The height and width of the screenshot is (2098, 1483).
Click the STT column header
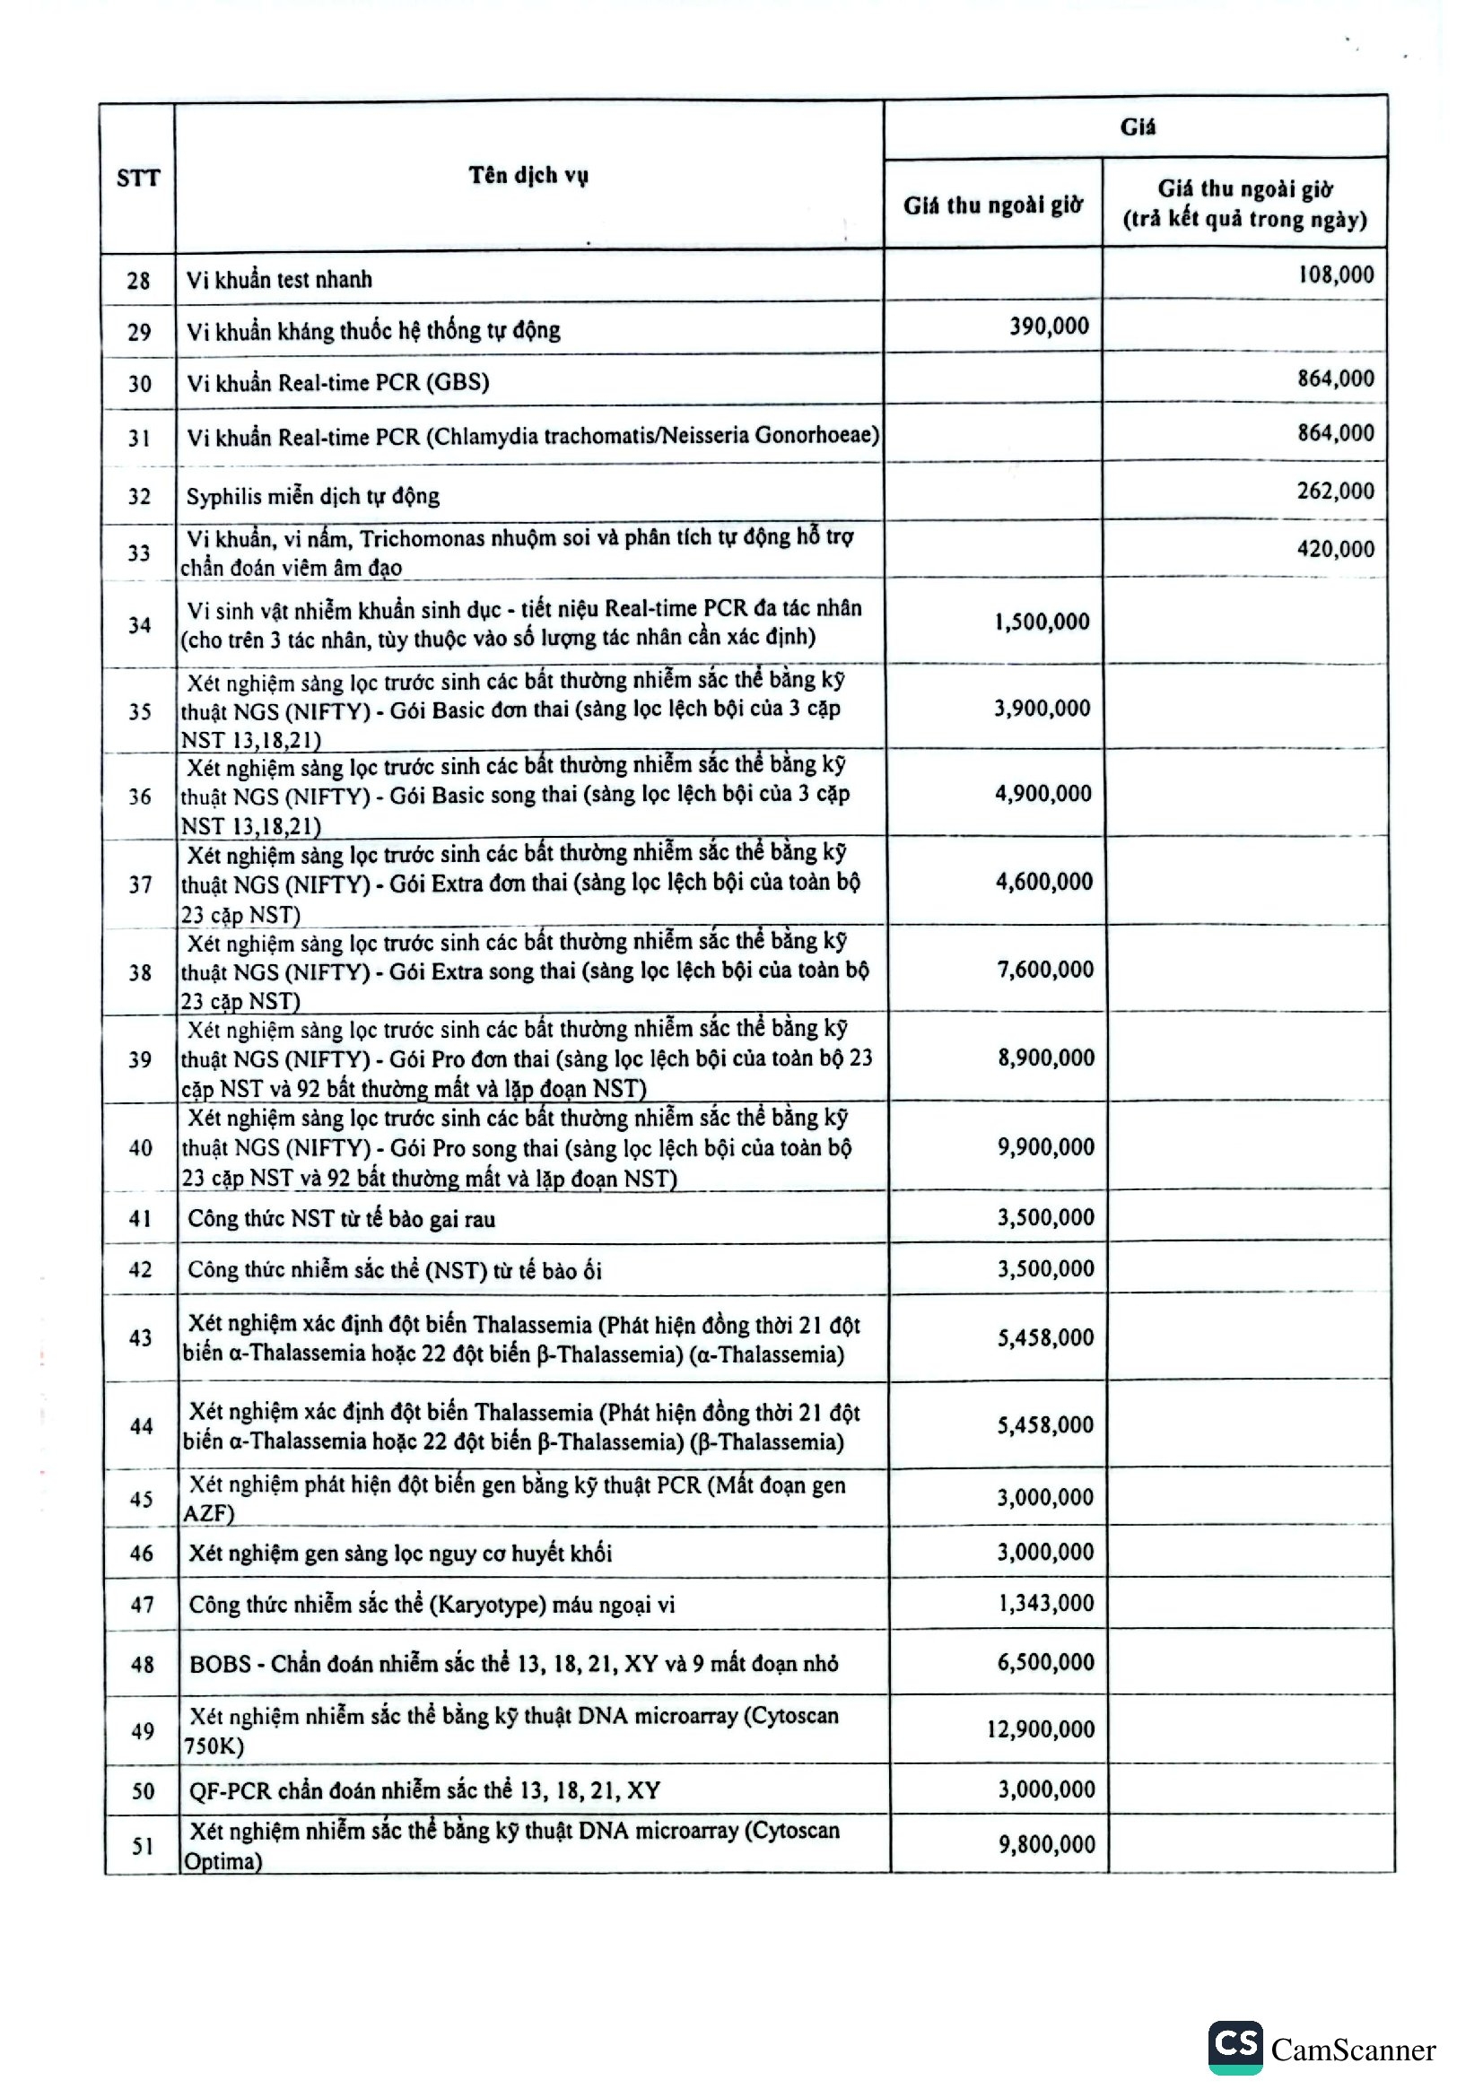(138, 178)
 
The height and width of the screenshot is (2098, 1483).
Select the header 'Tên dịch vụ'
(528, 175)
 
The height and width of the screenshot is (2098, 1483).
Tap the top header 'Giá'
(1137, 127)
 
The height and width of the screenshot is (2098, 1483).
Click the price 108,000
(1335, 274)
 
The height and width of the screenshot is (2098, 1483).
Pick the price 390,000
(1048, 326)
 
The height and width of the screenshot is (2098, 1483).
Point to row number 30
(139, 383)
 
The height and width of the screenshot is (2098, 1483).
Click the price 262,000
(1335, 491)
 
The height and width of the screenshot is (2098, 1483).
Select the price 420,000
(1335, 548)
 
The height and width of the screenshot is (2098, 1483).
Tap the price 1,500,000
(1042, 622)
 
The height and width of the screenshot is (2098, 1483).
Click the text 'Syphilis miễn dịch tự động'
(312, 496)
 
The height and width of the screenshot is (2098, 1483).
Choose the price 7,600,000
(1044, 969)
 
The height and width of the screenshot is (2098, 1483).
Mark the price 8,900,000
(1045, 1058)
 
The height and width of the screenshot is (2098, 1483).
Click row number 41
(140, 1218)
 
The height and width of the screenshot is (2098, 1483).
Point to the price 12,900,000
(1040, 1728)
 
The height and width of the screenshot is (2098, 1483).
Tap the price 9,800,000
(1046, 1844)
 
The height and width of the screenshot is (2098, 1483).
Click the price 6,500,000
(1045, 1661)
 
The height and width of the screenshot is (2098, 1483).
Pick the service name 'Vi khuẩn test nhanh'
(279, 280)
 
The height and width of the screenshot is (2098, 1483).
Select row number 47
(142, 1604)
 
